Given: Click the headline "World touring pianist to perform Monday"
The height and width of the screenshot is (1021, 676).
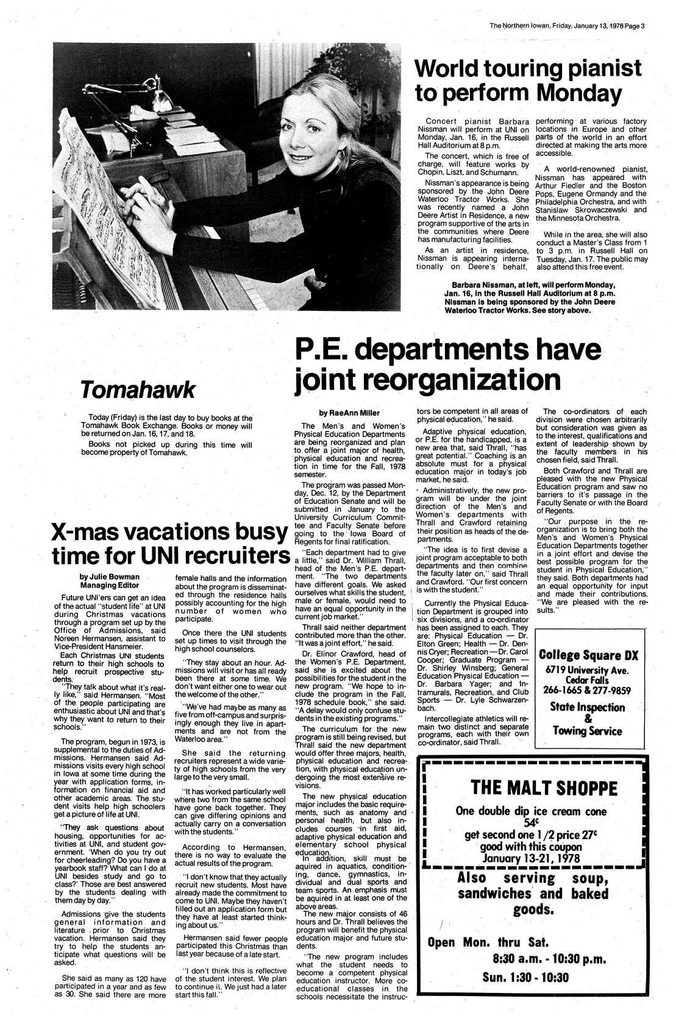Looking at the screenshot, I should pyautogui.click(x=527, y=80).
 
